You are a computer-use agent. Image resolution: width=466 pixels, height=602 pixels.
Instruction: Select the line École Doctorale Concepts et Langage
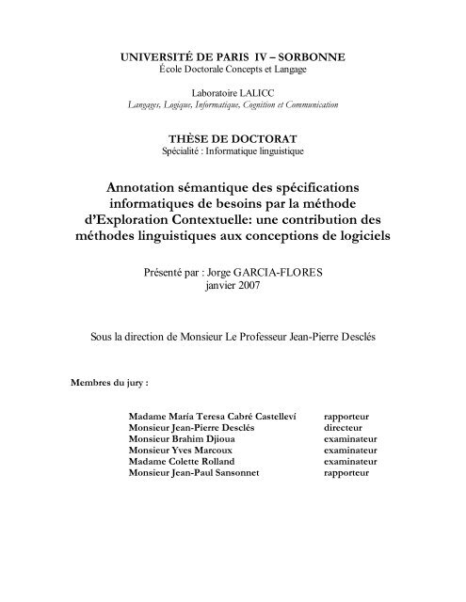(233, 71)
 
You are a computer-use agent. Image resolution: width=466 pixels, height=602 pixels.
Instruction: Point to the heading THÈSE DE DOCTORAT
(233, 135)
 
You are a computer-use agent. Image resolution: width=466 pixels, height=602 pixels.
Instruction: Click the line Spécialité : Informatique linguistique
(233, 150)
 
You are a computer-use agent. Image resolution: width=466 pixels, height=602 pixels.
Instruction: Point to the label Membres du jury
(109, 384)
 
